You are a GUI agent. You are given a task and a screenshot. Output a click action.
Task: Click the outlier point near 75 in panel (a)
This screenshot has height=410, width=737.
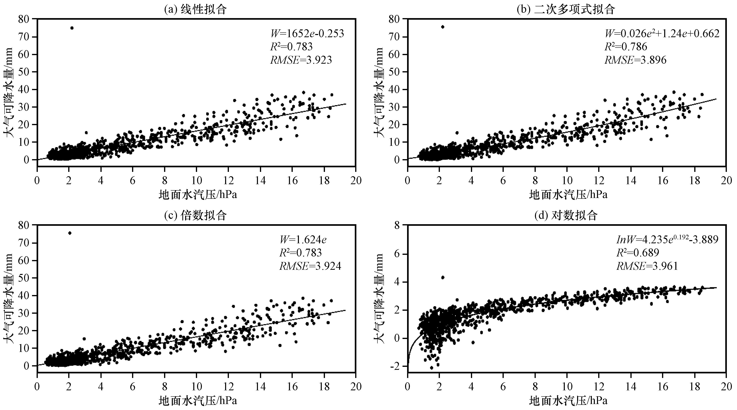(72, 28)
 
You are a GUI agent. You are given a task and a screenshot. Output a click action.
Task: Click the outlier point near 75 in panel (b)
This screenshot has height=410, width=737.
(443, 27)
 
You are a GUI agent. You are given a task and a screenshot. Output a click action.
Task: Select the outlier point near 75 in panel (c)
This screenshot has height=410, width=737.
(70, 233)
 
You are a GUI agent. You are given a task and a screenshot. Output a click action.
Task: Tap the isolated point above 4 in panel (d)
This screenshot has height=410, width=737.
(443, 277)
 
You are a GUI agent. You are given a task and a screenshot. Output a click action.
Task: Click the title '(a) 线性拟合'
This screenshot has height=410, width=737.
(195, 9)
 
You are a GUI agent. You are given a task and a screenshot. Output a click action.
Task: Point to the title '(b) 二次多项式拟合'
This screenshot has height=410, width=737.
(566, 9)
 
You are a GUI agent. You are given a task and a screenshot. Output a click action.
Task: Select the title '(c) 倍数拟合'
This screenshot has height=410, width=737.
(195, 215)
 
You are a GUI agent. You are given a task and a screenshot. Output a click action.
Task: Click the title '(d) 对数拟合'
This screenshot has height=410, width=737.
(566, 215)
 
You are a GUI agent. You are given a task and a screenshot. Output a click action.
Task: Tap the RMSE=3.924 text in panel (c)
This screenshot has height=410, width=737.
(310, 266)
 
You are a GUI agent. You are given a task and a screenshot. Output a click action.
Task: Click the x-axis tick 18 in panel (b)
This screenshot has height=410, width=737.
(695, 181)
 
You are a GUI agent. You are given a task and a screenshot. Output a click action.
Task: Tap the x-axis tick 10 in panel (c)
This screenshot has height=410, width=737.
(196, 387)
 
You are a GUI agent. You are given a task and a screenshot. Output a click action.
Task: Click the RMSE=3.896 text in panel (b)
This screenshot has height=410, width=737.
(635, 60)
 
